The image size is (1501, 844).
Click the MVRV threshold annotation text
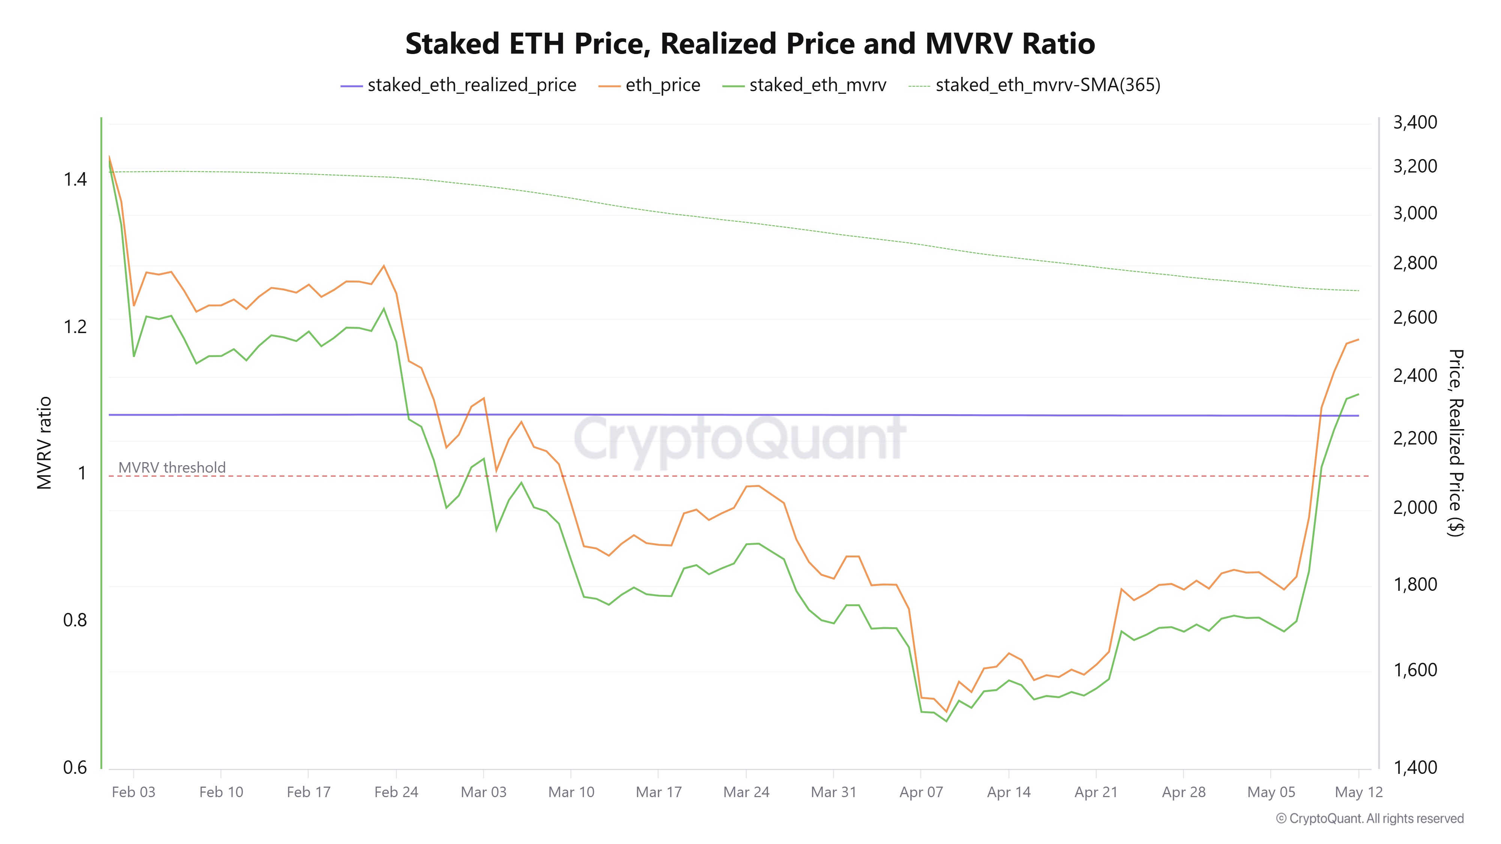[x=172, y=467]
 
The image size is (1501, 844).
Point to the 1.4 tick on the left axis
[x=75, y=179]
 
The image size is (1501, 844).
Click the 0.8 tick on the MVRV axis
[x=75, y=620]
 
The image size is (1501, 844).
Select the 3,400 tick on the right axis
[x=1415, y=122]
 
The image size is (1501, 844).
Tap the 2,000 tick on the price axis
[x=1415, y=507]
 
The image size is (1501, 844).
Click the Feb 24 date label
[x=396, y=792]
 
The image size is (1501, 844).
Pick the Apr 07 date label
[x=920, y=792]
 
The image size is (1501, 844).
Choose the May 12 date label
[x=1358, y=792]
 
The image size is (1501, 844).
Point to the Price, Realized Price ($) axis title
[x=1456, y=443]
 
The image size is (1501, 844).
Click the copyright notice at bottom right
[x=1369, y=818]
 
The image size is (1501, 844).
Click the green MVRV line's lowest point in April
[x=946, y=721]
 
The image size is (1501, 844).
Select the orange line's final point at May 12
[x=1358, y=339]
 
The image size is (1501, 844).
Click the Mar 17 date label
[x=659, y=792]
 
